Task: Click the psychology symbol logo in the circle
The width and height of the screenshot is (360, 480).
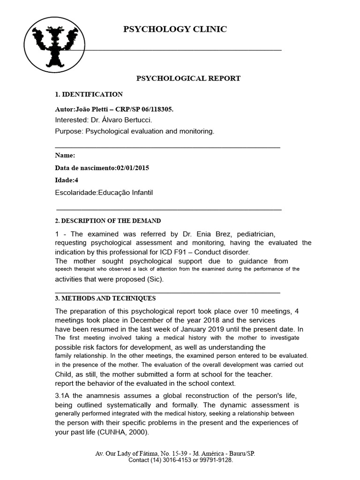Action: (55, 48)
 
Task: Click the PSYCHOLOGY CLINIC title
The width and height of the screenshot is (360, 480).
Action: (175, 30)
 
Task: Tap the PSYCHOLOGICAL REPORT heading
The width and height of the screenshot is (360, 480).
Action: (188, 78)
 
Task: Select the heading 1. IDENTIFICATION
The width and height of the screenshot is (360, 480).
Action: (89, 94)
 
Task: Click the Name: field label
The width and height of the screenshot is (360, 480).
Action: (65, 156)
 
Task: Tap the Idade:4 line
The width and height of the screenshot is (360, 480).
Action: (66, 180)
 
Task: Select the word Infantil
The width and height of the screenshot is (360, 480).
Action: (138, 192)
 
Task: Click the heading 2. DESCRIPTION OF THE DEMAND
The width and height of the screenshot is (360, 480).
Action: (108, 221)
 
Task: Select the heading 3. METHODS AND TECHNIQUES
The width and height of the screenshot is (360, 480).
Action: (105, 298)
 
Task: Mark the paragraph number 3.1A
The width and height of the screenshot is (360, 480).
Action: (63, 396)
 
